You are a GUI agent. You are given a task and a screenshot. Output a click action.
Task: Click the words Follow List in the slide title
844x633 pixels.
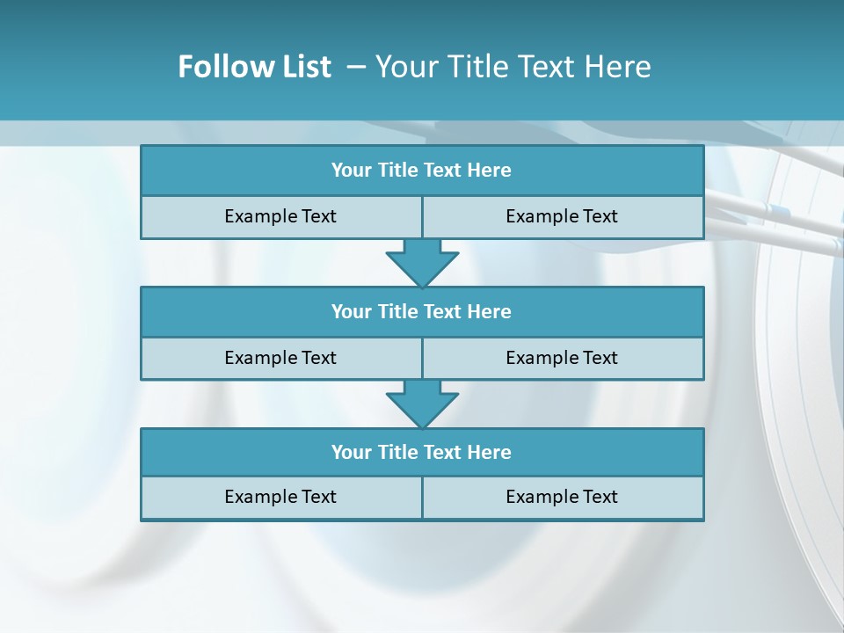(x=255, y=67)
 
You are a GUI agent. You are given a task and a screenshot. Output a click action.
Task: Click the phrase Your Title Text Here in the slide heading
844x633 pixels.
(x=513, y=67)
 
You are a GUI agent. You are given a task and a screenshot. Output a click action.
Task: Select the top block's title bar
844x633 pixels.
(x=422, y=171)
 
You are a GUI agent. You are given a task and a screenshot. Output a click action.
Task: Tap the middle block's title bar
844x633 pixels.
(x=422, y=311)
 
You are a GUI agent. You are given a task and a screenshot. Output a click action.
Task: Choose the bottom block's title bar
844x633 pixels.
(x=422, y=452)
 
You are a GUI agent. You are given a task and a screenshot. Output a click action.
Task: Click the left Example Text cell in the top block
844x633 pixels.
(x=281, y=216)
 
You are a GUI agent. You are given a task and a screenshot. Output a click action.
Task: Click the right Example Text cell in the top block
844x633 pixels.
(x=563, y=216)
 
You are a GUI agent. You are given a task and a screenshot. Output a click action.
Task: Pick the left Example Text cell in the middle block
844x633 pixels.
(x=281, y=358)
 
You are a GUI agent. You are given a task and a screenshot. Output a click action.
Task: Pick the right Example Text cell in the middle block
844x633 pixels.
(x=563, y=358)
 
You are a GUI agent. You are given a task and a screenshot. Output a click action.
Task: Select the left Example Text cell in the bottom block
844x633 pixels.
(x=281, y=497)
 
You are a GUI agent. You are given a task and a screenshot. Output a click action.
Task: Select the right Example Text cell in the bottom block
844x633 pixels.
(x=563, y=497)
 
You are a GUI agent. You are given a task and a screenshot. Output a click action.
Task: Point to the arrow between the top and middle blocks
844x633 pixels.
(x=422, y=263)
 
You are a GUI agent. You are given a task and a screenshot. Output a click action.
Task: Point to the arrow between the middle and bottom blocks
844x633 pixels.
(x=422, y=404)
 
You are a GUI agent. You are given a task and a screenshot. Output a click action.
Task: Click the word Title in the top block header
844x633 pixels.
(x=397, y=171)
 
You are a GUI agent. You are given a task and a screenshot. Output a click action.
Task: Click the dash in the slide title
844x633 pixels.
(x=356, y=67)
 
